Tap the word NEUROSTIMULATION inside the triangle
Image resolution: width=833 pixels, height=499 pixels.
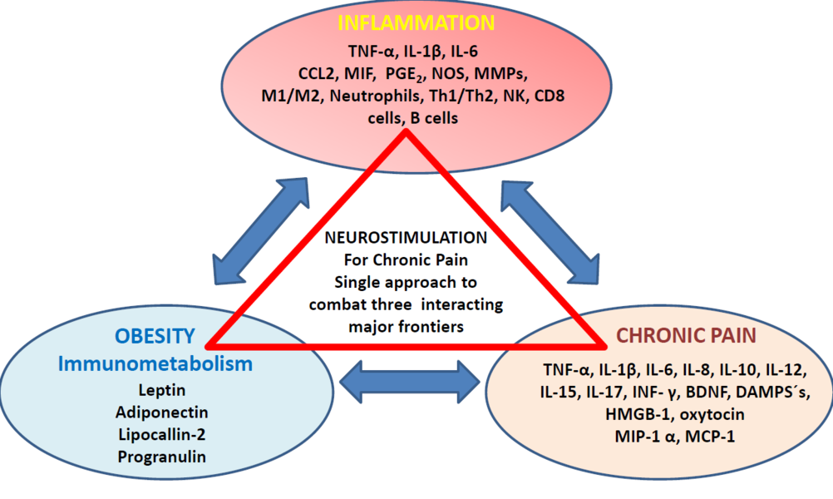tap(407, 236)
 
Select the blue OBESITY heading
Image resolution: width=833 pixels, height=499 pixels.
tap(155, 337)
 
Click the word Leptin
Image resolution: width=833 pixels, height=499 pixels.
tap(161, 389)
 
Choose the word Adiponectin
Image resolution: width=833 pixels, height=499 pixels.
tap(162, 412)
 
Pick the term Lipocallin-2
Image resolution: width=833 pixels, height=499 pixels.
tap(162, 434)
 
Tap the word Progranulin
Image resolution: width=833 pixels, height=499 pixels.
tap(161, 457)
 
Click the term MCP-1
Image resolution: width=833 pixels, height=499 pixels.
tap(712, 435)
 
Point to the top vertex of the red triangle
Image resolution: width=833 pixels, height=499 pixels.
tap(405, 134)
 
